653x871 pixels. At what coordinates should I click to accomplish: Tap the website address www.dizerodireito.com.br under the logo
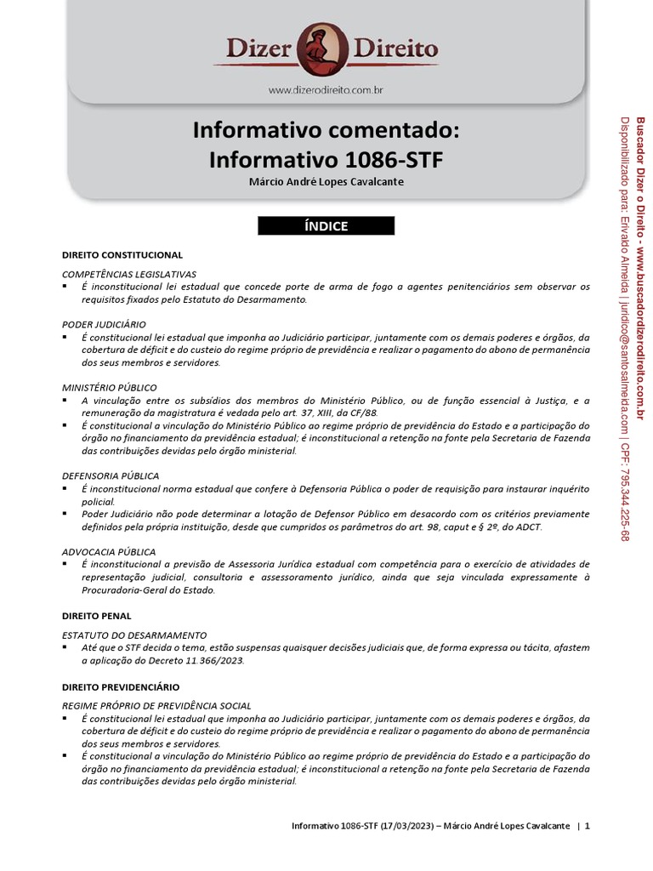[326, 88]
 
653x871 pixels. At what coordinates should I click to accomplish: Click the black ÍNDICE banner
[326, 225]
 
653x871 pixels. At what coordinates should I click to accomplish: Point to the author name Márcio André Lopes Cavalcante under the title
[326, 182]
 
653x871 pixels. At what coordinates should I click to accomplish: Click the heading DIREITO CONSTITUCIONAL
[122, 255]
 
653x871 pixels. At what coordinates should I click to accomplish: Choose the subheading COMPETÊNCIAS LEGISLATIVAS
[129, 274]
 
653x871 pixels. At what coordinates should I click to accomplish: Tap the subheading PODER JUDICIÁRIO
[104, 324]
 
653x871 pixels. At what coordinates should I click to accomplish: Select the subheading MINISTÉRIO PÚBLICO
[110, 387]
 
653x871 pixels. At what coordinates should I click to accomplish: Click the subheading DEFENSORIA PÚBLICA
[111, 475]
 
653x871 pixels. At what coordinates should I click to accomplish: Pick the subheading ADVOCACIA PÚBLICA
[109, 551]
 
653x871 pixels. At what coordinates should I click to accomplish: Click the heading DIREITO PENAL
[97, 614]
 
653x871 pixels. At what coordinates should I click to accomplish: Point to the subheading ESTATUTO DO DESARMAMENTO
[134, 635]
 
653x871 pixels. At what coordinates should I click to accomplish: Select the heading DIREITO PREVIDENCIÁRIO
[121, 686]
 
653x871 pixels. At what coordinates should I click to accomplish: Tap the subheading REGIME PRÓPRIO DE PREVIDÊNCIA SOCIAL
[157, 706]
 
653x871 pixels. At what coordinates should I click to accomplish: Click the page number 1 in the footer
[587, 826]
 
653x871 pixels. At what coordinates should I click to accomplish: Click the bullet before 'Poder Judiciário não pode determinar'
[66, 515]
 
